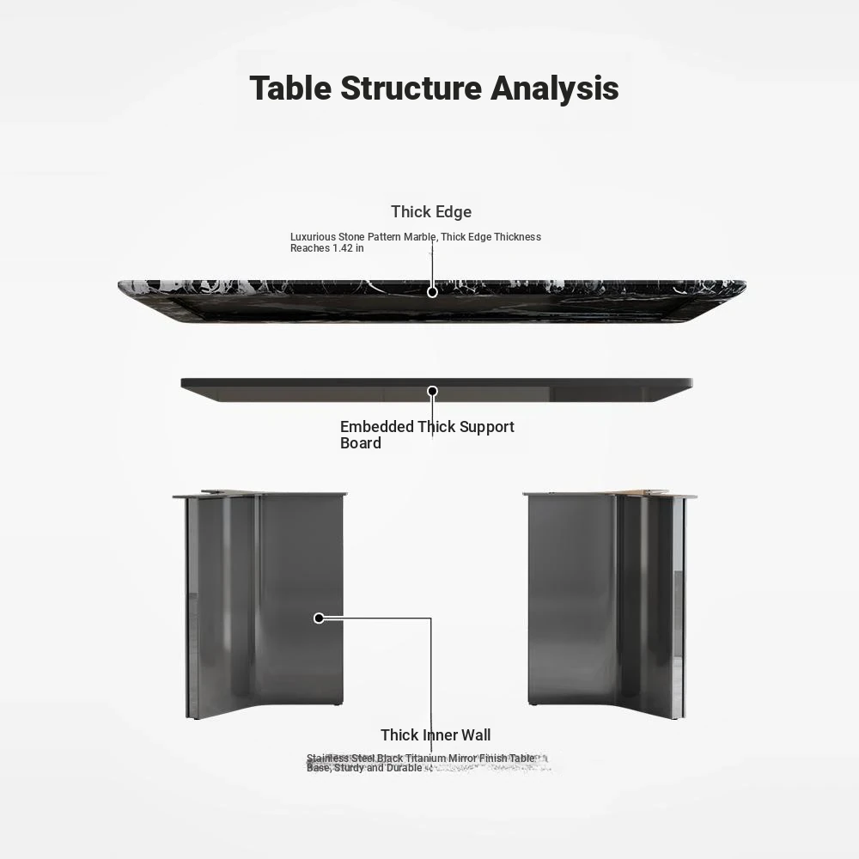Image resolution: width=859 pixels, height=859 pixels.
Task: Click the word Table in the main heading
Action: [x=290, y=88]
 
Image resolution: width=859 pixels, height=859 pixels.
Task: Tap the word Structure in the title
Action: [x=411, y=88]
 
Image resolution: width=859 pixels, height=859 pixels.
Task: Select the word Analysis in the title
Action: [x=554, y=88]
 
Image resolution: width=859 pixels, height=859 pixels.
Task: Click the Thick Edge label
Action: [x=431, y=211]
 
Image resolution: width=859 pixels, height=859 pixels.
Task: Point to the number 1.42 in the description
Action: [x=343, y=248]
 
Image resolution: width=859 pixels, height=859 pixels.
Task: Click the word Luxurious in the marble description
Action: [x=313, y=237]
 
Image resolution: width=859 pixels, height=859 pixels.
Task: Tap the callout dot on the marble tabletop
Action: [x=432, y=292]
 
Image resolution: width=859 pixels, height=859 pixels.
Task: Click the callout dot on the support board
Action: [x=432, y=391]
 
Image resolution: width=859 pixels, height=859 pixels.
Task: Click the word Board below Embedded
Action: [x=361, y=443]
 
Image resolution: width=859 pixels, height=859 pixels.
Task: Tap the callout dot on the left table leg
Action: [x=319, y=618]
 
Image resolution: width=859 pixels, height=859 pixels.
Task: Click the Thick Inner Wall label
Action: [x=436, y=734]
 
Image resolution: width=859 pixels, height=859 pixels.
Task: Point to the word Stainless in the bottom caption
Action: [x=327, y=758]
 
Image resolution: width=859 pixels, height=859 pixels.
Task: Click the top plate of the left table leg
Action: [x=259, y=495]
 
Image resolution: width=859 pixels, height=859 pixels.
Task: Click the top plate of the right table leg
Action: [x=609, y=494]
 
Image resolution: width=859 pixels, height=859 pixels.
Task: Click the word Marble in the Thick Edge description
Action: [x=420, y=237]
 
